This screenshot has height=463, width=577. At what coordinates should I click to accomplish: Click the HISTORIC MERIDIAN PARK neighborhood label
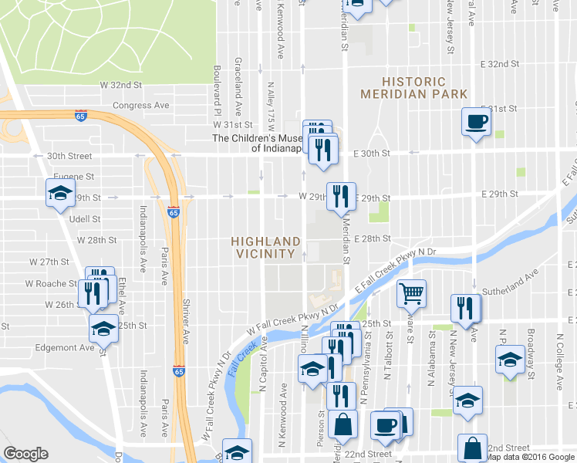(x=414, y=87)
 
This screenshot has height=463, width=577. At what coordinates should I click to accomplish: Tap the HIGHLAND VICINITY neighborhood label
(x=265, y=247)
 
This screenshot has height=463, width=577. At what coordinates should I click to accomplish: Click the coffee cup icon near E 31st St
(x=476, y=121)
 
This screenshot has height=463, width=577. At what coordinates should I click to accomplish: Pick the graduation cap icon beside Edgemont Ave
(x=103, y=330)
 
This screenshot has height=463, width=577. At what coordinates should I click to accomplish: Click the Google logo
(x=25, y=454)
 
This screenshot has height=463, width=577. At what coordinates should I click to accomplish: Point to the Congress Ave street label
(x=140, y=105)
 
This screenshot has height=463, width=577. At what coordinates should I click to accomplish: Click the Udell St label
(x=86, y=219)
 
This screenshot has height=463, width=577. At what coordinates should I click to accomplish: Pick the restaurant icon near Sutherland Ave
(x=466, y=307)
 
